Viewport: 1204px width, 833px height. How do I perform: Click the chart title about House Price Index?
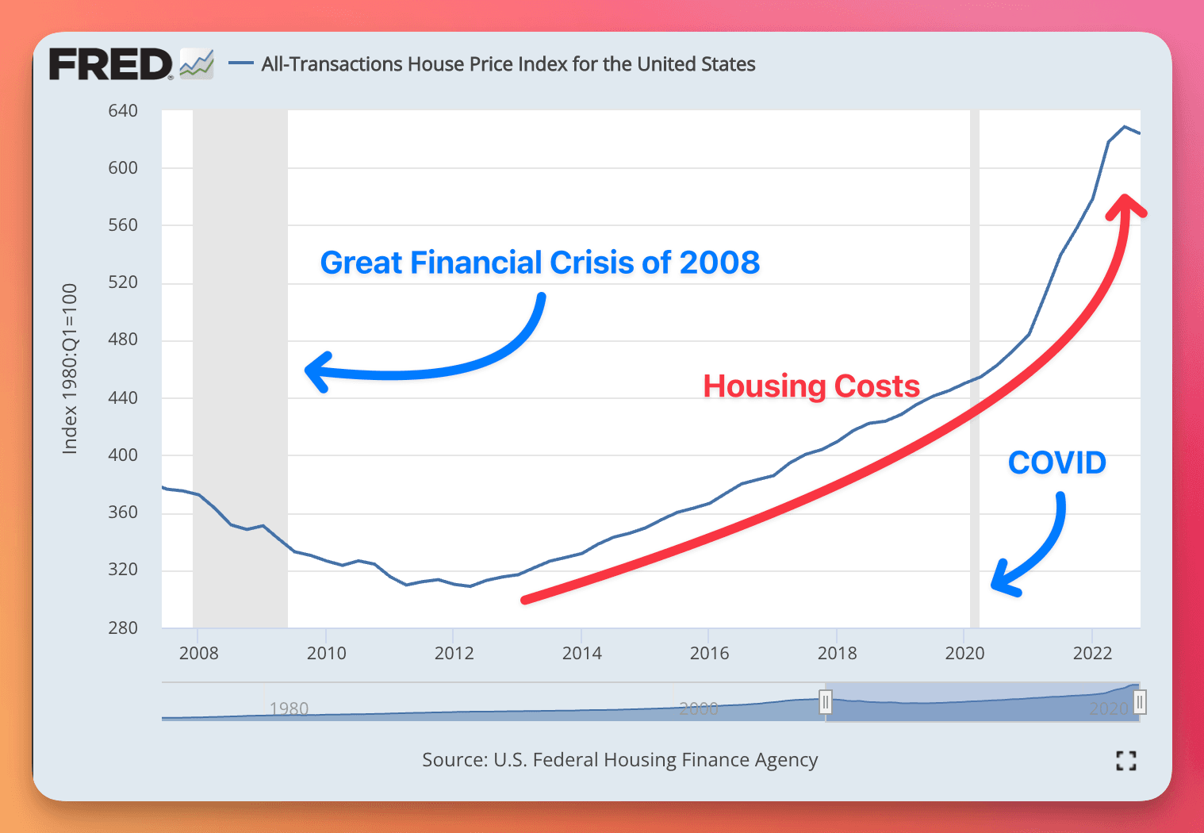tap(508, 64)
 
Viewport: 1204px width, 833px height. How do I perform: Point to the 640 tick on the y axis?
tap(123, 111)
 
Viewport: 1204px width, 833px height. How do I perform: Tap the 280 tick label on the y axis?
tap(123, 628)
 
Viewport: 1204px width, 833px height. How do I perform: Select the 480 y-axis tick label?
tap(123, 340)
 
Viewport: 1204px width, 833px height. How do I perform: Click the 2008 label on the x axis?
tap(198, 653)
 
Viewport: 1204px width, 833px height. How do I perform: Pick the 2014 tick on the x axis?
tap(581, 653)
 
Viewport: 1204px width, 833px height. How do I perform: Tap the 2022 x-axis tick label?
tap(1092, 653)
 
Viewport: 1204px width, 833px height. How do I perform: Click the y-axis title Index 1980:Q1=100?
tap(70, 369)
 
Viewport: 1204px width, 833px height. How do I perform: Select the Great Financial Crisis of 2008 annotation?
tap(539, 263)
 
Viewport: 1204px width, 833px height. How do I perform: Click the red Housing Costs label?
tap(811, 386)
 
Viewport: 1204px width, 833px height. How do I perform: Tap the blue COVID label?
tap(1056, 463)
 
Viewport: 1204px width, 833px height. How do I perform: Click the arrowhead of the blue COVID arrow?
tap(1001, 582)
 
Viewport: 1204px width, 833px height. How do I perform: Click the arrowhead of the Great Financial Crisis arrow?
tap(314, 371)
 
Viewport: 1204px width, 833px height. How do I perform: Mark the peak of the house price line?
tap(1124, 127)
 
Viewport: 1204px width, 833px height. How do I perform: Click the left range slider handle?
tap(826, 702)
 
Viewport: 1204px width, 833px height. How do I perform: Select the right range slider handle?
tap(1140, 702)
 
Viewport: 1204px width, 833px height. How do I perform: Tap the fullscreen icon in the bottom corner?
tap(1125, 761)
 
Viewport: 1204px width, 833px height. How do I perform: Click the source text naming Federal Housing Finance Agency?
tap(619, 760)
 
